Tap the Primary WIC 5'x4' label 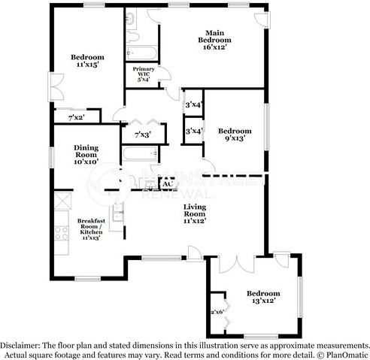point(144,74)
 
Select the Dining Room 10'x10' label point(86,156)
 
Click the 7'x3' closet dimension point(142,135)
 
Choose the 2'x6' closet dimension point(217,311)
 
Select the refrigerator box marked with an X point(59,199)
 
